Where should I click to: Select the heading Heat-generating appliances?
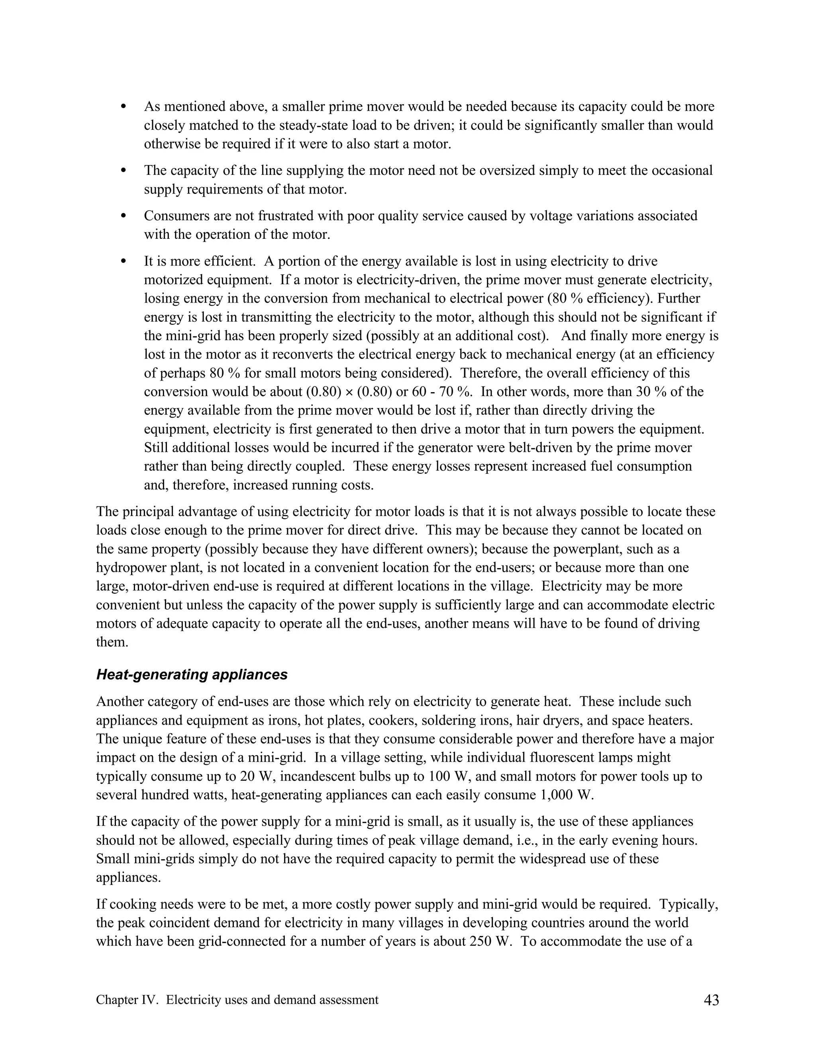tap(192, 674)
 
